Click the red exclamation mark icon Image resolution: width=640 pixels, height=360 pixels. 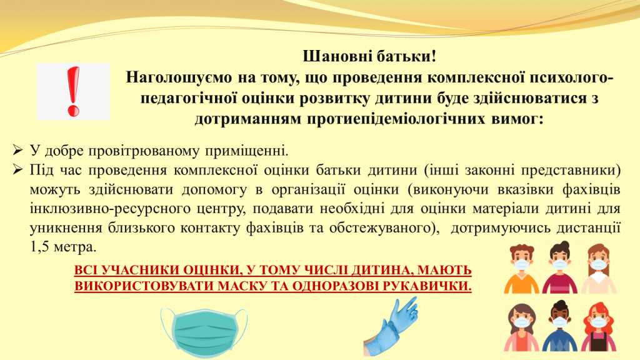point(74,91)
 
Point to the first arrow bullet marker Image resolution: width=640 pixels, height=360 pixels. point(17,150)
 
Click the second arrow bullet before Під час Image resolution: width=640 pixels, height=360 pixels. point(17,169)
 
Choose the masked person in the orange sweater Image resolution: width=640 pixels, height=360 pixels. point(521,269)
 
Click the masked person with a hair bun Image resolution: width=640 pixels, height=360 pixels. point(559,267)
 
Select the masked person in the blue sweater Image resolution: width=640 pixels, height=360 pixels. point(559,326)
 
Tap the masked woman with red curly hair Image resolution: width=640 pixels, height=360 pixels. point(598,326)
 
